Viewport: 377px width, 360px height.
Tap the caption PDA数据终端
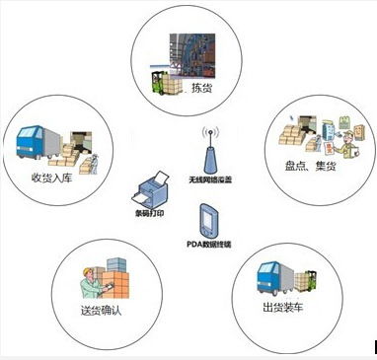[x=210, y=243]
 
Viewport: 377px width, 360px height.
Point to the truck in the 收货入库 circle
[x=37, y=142]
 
